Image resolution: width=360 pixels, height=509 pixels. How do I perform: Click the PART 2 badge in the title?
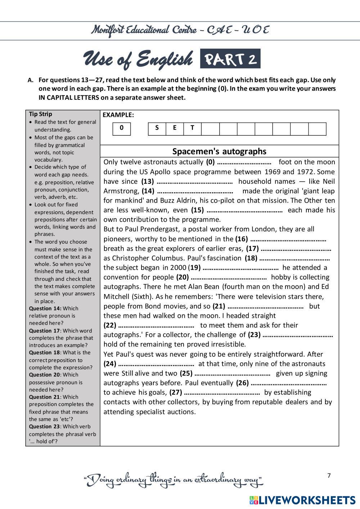tap(230, 59)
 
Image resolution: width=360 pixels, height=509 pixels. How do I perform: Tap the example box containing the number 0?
tap(122, 129)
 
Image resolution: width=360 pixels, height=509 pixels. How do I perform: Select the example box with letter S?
tap(157, 129)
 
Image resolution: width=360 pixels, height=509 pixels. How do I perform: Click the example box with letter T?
tap(192, 129)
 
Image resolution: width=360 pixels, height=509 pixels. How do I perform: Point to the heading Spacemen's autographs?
tap(219, 151)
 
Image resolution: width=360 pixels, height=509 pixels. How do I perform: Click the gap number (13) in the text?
tap(148, 181)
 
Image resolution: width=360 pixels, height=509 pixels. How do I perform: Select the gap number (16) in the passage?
tap(242, 239)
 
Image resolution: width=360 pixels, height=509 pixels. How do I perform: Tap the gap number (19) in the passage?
tap(194, 267)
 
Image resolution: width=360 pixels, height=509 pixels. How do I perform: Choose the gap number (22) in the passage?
tap(110, 325)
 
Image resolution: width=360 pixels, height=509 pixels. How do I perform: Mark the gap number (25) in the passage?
tap(186, 373)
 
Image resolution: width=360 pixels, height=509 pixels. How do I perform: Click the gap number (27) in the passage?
tap(176, 392)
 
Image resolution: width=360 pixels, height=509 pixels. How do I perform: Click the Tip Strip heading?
tap(40, 114)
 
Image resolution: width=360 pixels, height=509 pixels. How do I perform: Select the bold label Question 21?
tap(44, 397)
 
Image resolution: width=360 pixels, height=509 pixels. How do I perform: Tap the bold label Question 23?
tap(44, 427)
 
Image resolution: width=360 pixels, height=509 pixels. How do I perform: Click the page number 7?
tap(329, 476)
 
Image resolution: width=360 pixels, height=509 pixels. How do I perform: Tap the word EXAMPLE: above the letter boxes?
tap(118, 115)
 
